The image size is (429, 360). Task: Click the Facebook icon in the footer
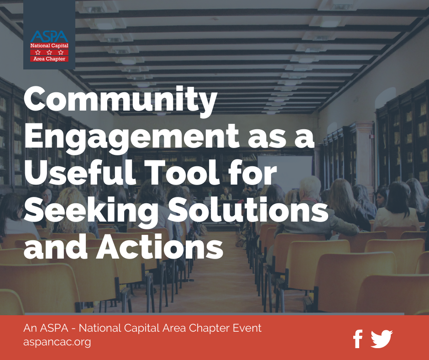pos(358,339)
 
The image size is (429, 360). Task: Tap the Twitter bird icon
pos(382,339)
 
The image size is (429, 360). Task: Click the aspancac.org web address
pos(57,342)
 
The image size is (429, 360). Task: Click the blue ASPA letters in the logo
pos(49,37)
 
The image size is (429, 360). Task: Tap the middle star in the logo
pos(49,53)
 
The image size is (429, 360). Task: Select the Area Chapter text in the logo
pos(49,58)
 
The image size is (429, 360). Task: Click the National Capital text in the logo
pos(49,46)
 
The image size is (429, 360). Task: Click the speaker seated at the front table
pos(226,194)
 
